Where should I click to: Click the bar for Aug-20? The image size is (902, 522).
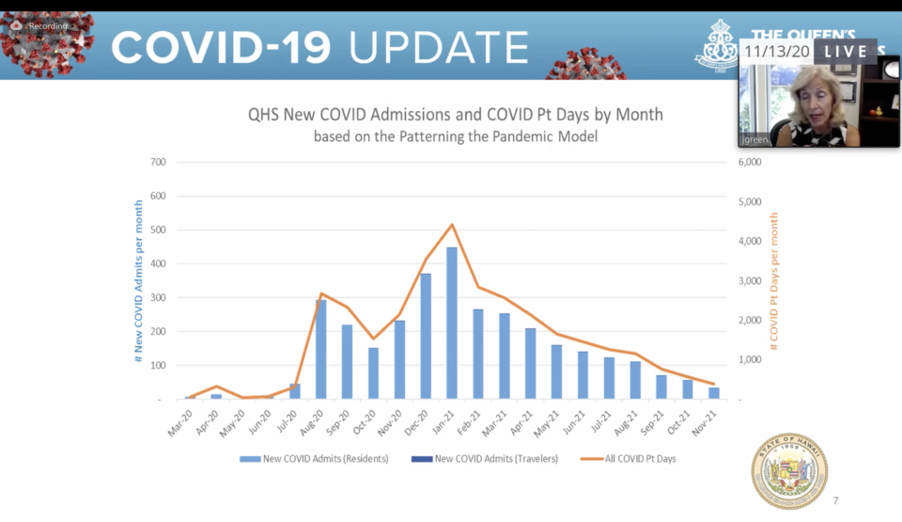click(x=320, y=349)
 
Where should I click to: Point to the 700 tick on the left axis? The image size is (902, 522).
click(x=158, y=163)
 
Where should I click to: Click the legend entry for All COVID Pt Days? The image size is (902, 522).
click(x=630, y=459)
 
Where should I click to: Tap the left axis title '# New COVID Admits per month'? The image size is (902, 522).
click(x=138, y=281)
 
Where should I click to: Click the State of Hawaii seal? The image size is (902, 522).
click(x=788, y=470)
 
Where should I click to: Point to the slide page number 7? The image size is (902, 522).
click(x=835, y=499)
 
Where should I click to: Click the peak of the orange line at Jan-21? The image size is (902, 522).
click(x=452, y=225)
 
